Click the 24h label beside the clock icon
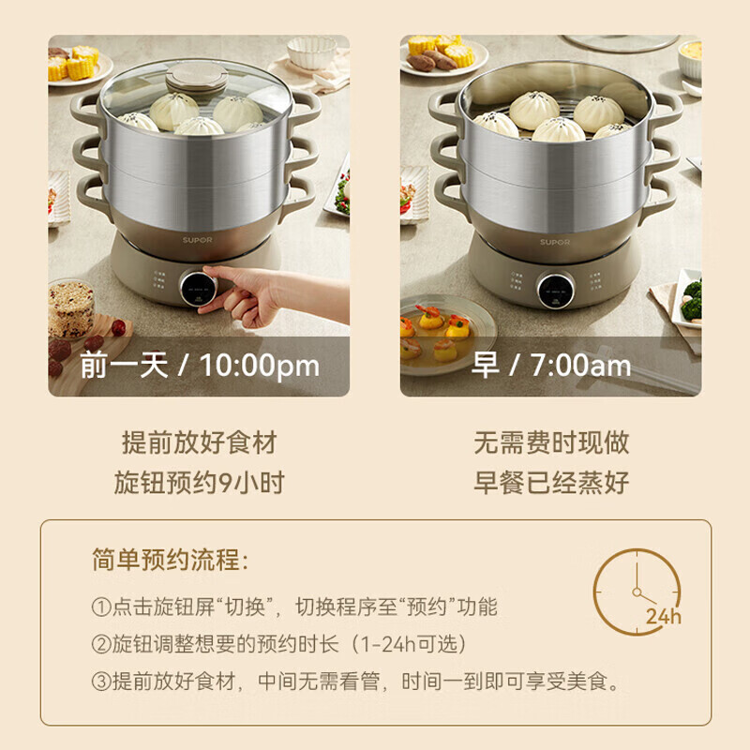[663, 616]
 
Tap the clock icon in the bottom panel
[637, 589]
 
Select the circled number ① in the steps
[101, 607]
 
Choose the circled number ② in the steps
[101, 645]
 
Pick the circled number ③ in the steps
[101, 682]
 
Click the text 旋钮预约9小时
[199, 483]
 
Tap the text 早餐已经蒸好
[550, 483]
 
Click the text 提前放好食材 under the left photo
[199, 442]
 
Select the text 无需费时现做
[550, 442]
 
